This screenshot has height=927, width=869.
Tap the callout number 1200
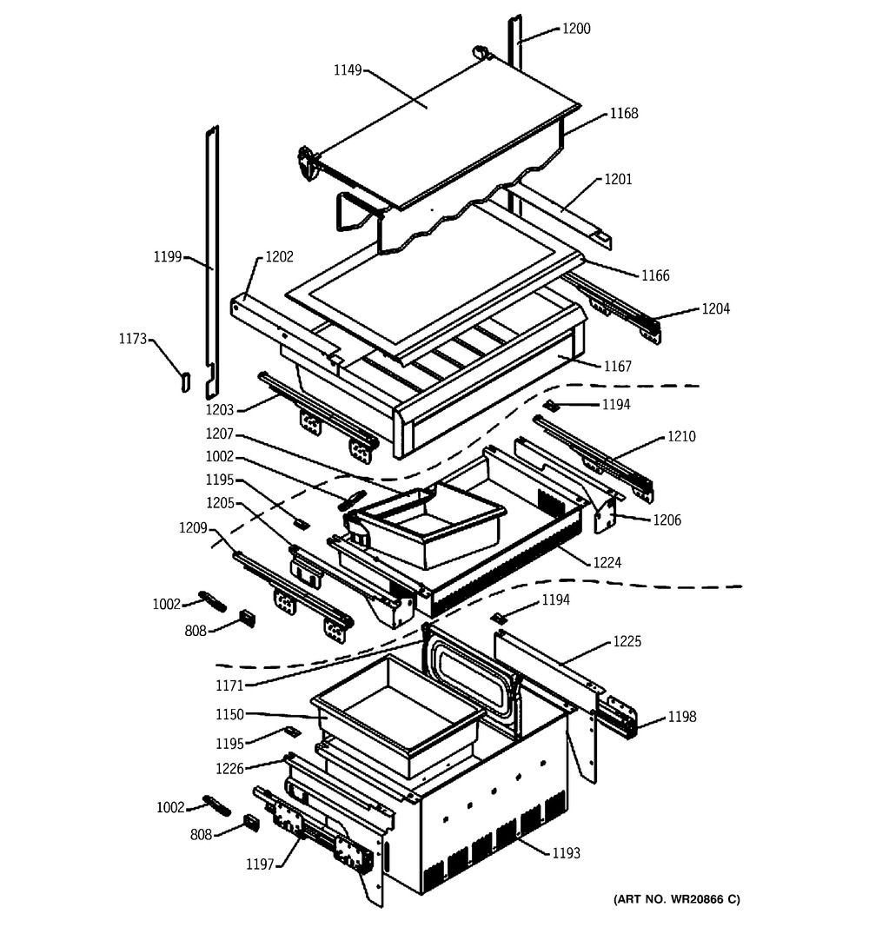point(575,29)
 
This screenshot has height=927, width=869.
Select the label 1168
point(623,113)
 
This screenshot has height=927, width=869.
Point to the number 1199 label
point(168,256)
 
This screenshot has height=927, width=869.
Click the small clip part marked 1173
point(184,381)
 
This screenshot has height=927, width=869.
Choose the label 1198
point(681,717)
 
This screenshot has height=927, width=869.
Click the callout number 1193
point(567,852)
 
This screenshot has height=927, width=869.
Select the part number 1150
point(232,714)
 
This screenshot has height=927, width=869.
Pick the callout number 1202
point(279,257)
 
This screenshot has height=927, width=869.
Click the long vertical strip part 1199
point(211,252)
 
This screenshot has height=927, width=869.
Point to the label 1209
point(194,526)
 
